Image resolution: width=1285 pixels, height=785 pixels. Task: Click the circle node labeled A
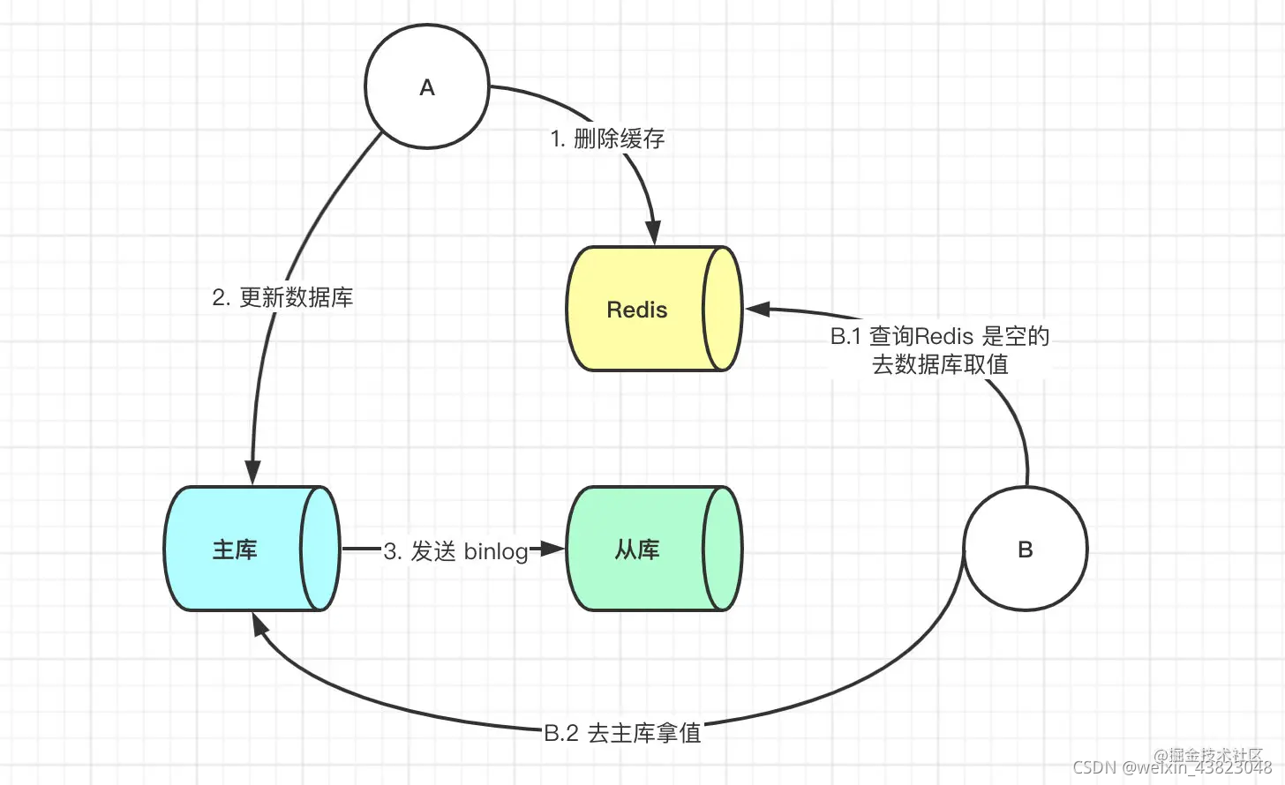(x=427, y=86)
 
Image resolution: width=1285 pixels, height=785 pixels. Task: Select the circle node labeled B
(x=1025, y=549)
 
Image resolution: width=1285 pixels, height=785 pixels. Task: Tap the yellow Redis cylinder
(x=653, y=309)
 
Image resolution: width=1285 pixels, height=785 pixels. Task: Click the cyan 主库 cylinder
(x=252, y=549)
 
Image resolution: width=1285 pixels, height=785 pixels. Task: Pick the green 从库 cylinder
(x=653, y=549)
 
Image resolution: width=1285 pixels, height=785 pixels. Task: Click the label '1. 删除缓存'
(x=607, y=138)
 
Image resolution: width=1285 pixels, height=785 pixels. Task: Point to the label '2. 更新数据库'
(x=282, y=297)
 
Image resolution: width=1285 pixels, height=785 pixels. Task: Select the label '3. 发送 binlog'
(x=455, y=551)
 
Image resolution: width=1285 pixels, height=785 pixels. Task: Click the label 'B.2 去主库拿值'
(x=622, y=733)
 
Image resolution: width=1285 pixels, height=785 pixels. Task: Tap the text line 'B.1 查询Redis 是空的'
(x=939, y=336)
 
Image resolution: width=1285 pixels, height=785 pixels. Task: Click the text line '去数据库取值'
(x=939, y=364)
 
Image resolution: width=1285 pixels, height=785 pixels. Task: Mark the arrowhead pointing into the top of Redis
(x=653, y=233)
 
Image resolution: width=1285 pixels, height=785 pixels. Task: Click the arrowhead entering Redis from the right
(x=758, y=310)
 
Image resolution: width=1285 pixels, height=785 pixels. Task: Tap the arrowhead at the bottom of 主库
(x=259, y=624)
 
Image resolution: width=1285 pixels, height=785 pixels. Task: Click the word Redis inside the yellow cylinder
(x=636, y=310)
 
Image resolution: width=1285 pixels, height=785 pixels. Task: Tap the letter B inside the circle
(x=1025, y=549)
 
